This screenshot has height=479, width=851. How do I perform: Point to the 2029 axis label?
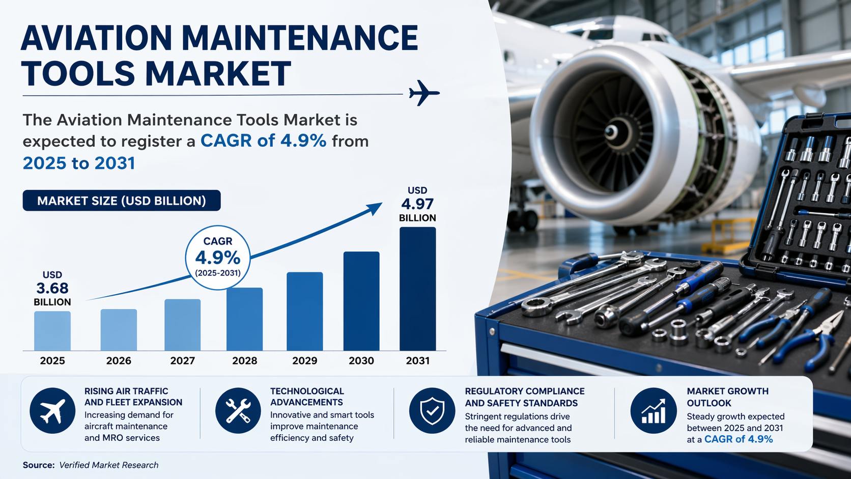[304, 360]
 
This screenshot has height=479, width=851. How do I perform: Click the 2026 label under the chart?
[119, 360]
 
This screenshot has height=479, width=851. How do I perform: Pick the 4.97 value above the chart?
[417, 204]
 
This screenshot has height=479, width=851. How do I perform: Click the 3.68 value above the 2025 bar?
[52, 288]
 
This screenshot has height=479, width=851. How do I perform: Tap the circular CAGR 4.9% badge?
[218, 257]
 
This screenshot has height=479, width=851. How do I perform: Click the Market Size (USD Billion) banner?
[122, 201]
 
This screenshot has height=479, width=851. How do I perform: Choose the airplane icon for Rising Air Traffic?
[52, 410]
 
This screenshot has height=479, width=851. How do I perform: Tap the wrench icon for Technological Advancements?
[238, 410]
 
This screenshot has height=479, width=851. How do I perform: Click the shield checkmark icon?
[432, 410]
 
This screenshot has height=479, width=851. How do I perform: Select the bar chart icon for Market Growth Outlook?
[654, 410]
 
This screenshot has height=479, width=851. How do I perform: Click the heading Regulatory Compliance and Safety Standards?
[524, 397]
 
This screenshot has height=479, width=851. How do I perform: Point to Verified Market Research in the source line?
[108, 465]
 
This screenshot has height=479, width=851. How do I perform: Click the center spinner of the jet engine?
[611, 132]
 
